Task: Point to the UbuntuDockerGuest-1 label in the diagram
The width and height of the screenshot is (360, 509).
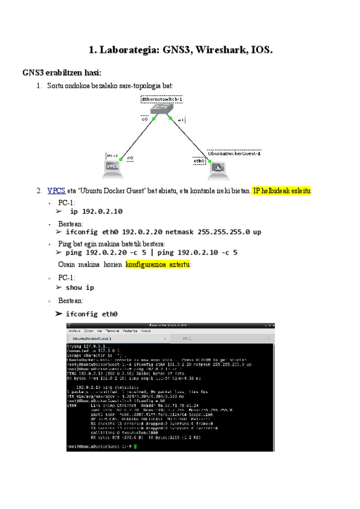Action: coord(234,153)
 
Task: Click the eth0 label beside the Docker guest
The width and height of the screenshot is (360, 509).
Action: coord(199,161)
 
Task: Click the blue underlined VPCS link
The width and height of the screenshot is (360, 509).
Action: coord(56,191)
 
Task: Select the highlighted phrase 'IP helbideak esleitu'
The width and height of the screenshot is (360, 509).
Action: coord(281,191)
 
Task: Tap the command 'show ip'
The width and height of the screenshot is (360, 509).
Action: coord(80,288)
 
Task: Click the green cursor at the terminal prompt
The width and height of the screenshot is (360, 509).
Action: coord(136,447)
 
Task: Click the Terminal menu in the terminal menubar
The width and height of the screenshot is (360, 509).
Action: coord(112,331)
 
